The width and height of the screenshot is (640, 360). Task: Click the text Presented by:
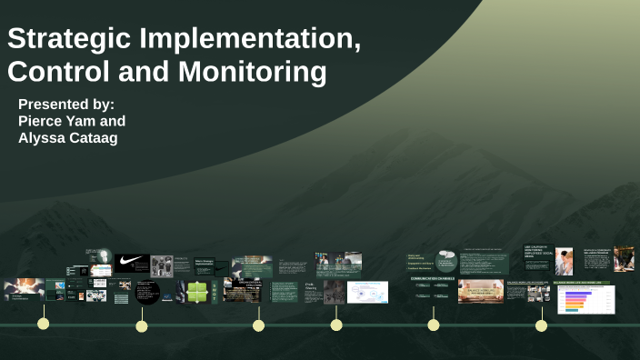[x=66, y=104]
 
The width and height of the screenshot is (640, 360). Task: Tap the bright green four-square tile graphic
[x=197, y=292]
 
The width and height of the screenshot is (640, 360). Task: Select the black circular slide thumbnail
[x=147, y=293]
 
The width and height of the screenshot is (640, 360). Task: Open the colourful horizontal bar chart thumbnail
[x=586, y=299]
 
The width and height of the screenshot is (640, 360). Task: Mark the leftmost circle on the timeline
[x=43, y=324]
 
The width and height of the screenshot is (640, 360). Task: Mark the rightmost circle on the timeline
[x=541, y=325]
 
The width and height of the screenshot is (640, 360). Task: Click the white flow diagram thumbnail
[x=367, y=292]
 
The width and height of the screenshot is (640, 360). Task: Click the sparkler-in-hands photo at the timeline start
[x=24, y=289]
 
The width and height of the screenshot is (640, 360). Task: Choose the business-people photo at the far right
[x=624, y=259]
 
